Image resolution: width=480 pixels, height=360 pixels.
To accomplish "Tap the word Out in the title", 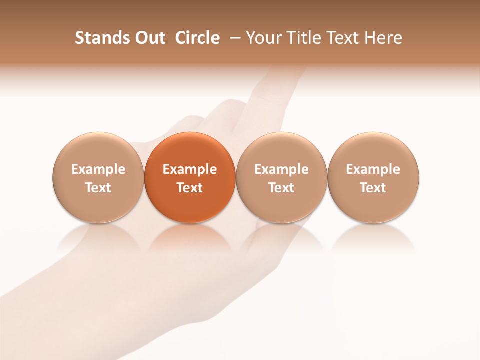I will point(149,38).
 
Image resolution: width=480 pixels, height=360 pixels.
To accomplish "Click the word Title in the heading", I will point(301,38).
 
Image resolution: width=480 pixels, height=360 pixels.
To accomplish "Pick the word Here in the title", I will point(384,38).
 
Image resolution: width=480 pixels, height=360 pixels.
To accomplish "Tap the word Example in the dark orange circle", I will point(190,169).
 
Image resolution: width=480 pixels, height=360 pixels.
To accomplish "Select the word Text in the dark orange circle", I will point(190,188).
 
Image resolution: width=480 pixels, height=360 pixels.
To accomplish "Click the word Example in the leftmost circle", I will point(98,169).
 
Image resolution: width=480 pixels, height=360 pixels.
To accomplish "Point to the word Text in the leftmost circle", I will point(98,188).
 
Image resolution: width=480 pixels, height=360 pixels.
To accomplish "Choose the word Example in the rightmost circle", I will point(373,169).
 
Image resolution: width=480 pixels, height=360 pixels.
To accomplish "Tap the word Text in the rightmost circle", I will point(373,188).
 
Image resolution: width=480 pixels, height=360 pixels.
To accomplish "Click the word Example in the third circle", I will point(281,169).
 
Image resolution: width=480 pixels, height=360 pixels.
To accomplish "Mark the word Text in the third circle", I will point(281,188).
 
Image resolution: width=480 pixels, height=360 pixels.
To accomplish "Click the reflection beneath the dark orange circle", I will point(190,237).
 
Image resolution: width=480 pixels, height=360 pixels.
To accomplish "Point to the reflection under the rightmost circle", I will point(373,237).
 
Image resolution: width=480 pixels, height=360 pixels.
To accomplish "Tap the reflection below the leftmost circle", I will point(98,237).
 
